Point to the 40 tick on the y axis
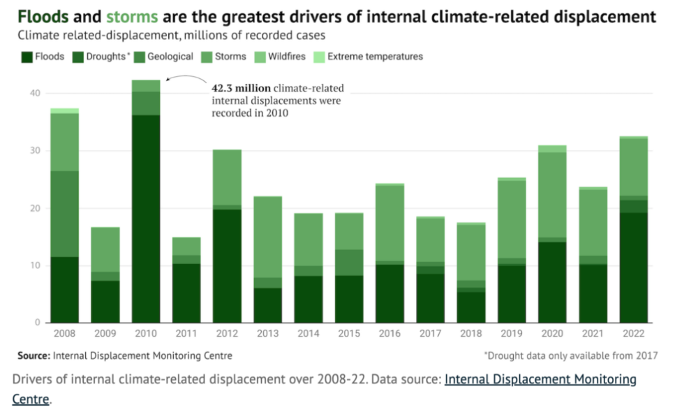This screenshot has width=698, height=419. tap(35, 94)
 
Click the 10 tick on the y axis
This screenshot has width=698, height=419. tap(35, 266)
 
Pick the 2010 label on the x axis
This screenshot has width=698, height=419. tap(146, 334)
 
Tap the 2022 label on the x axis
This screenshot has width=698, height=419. tap(634, 334)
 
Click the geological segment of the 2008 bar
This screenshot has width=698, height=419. tap(65, 214)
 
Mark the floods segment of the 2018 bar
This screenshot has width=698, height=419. tap(471, 307)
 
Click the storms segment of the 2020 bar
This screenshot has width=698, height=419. tap(553, 195)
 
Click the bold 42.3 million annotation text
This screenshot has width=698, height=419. tap(242, 89)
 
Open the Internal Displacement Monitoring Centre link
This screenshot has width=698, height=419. tap(540, 379)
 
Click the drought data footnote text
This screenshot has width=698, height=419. tap(570, 355)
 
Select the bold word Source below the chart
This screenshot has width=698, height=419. tap(34, 355)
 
